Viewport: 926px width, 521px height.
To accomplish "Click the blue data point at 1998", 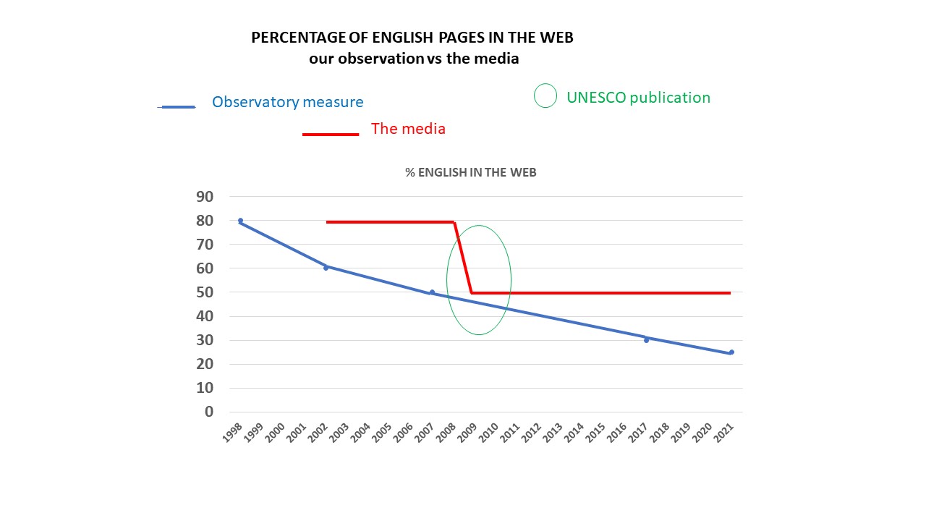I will [x=240, y=221].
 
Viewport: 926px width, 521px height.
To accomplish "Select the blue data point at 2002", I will [x=326, y=268].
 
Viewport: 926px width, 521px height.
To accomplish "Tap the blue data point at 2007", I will [x=432, y=292].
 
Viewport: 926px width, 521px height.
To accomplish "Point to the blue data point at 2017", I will [x=646, y=339].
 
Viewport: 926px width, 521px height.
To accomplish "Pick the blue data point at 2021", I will [x=731, y=352].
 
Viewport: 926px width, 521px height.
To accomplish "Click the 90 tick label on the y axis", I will [x=205, y=197].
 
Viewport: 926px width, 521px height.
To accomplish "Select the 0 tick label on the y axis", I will [x=209, y=412].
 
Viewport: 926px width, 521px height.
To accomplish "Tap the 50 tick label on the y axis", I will [x=205, y=292].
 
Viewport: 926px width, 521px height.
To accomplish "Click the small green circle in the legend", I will [x=545, y=96].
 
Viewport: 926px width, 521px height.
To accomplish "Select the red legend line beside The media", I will [x=331, y=134].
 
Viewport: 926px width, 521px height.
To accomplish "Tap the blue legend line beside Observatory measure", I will [x=177, y=107].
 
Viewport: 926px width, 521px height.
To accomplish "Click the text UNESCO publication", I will [x=638, y=98].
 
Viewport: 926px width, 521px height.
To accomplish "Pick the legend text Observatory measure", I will [x=287, y=102].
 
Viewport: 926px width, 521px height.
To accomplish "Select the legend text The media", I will [x=408, y=129].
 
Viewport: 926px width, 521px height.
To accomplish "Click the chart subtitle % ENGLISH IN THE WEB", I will [x=470, y=172].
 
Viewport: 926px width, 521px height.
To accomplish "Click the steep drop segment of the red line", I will [x=463, y=257].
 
